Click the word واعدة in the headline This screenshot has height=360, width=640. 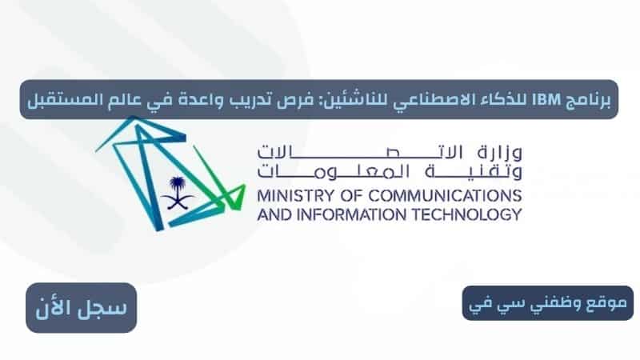(x=201, y=100)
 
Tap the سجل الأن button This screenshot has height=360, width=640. (x=82, y=308)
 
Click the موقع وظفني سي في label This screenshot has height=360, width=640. (x=547, y=303)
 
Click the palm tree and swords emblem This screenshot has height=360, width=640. (x=178, y=193)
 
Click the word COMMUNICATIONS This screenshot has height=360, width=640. (x=446, y=196)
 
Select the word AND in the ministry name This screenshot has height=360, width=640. (x=274, y=214)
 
